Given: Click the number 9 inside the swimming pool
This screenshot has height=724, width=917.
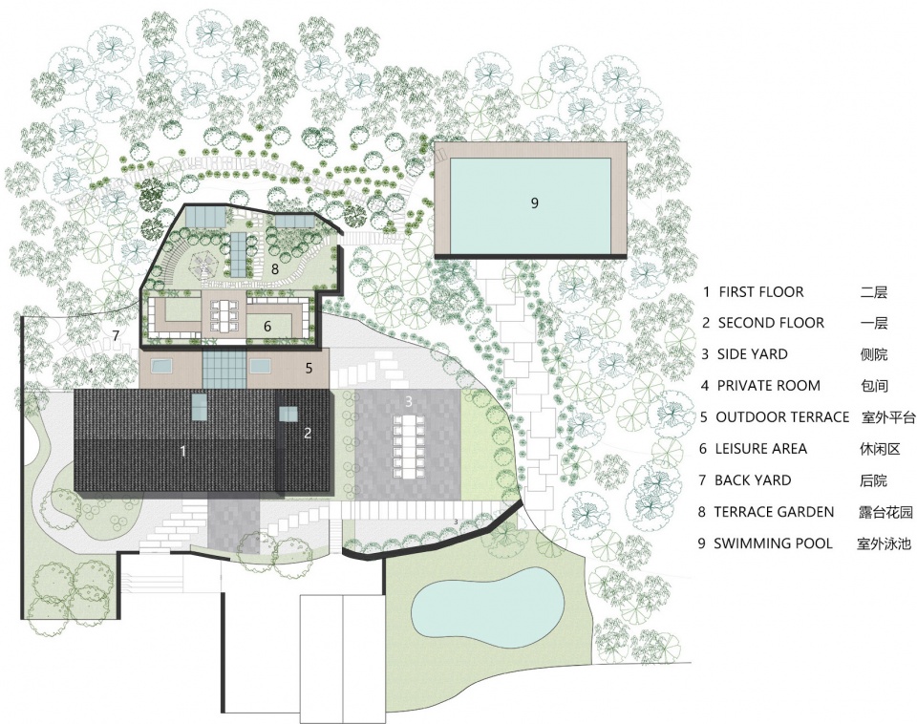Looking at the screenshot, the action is coord(534,202).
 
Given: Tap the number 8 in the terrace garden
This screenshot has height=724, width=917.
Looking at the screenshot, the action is coord(275,269).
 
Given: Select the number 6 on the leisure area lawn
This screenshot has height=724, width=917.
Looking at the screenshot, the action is coord(267,327).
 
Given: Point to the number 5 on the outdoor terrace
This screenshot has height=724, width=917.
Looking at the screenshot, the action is coord(309,368).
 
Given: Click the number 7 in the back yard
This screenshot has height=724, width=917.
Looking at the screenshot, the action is coord(116,335).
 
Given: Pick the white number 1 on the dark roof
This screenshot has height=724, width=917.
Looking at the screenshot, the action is coord(183,451).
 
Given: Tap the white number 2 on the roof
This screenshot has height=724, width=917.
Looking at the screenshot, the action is coord(308,434).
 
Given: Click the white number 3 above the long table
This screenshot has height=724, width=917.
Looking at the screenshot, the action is coord(409,401).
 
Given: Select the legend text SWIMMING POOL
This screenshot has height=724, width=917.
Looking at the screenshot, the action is coord(773,543).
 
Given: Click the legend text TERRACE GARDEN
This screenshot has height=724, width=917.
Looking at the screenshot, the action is coord(774,512).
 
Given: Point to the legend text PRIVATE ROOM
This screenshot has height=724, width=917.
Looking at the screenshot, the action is coord(768,385).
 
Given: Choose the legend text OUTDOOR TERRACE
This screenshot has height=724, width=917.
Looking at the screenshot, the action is coord(782,417).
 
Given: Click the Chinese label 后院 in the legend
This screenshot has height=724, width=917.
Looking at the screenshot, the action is coord(873,480).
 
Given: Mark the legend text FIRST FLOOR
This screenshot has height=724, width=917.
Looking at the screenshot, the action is coord(761,292).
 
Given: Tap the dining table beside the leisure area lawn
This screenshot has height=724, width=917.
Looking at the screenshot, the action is coord(224,317).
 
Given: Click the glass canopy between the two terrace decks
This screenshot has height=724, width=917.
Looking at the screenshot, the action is coord(224,368).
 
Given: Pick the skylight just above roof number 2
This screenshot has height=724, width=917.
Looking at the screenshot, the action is coord(288,414).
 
